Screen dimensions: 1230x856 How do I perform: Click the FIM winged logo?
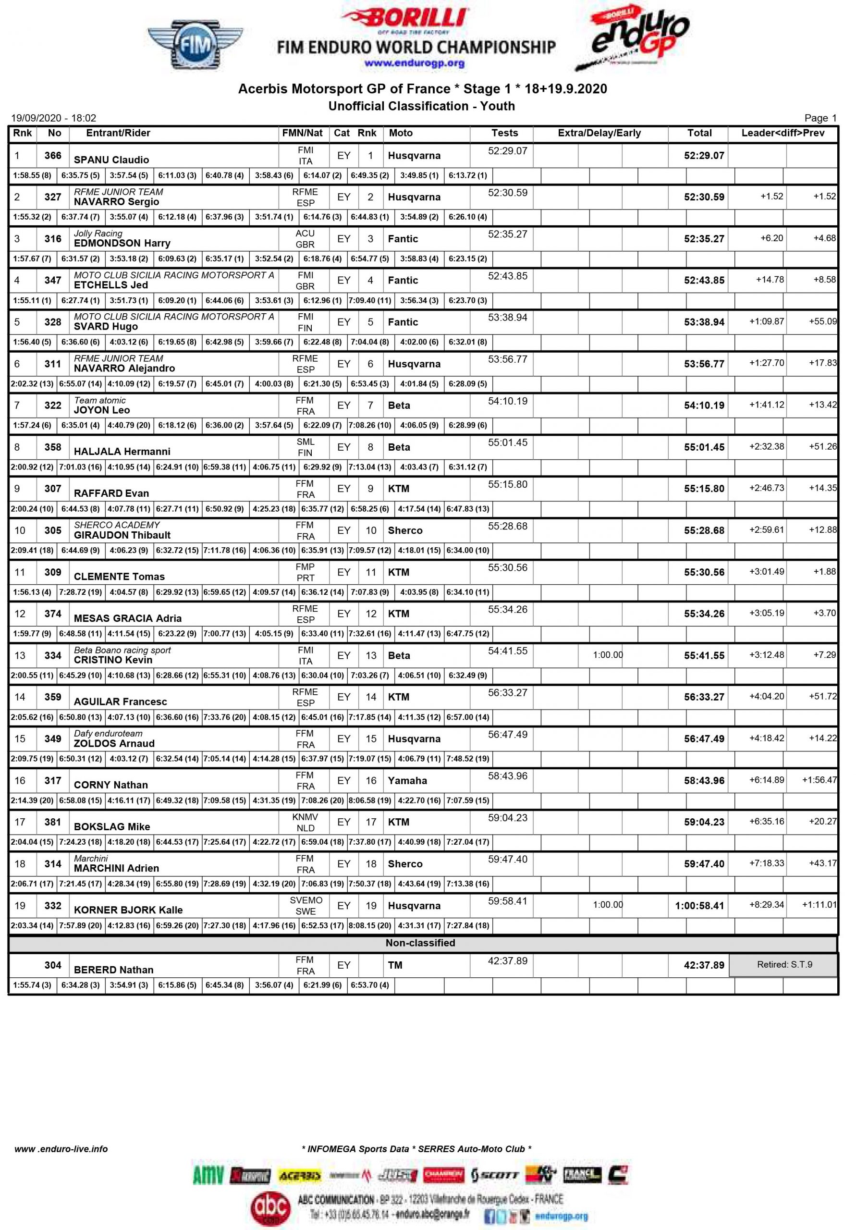(195, 45)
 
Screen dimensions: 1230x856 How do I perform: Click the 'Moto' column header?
(400, 133)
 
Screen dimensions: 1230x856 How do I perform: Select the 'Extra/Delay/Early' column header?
(599, 133)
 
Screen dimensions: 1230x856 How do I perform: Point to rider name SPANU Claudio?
(111, 160)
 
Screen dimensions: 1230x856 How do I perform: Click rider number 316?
(52, 238)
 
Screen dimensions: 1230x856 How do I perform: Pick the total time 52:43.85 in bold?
(703, 280)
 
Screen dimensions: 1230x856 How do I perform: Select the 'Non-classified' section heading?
(420, 943)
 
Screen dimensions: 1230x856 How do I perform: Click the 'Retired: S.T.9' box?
(783, 964)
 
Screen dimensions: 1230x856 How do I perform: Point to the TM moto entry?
(395, 965)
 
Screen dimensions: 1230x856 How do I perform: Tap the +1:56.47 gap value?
(819, 780)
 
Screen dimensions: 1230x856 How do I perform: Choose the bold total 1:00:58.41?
(699, 905)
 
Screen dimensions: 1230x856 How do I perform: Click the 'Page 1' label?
(819, 118)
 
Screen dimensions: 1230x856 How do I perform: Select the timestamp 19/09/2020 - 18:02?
(54, 118)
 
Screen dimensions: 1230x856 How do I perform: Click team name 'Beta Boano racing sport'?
(122, 650)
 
